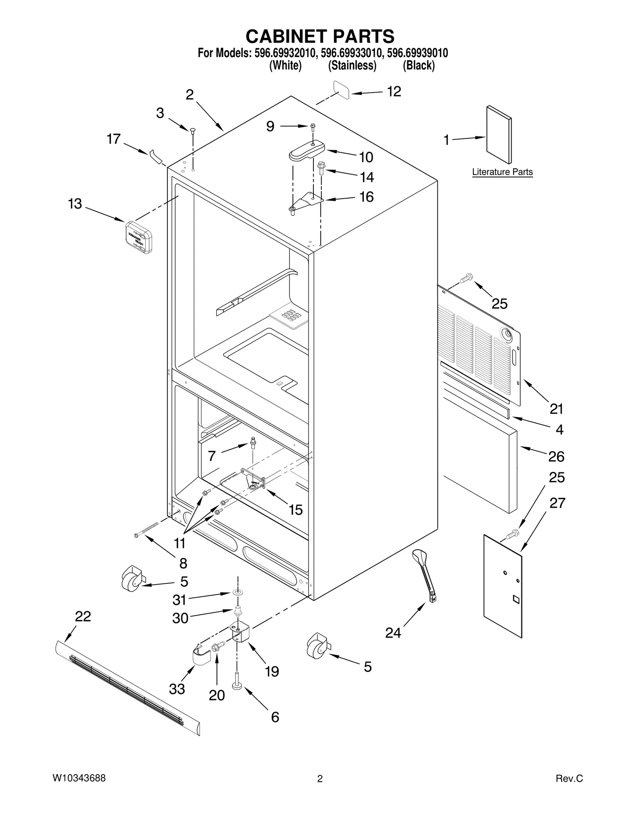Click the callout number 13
click(75, 204)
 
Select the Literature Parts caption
click(502, 172)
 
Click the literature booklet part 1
click(499, 134)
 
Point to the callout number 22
click(83, 616)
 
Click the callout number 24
click(393, 633)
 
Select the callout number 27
click(557, 503)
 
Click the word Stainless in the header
click(352, 65)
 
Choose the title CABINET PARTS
click(320, 36)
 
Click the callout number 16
click(366, 197)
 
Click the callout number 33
click(177, 688)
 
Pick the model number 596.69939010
click(417, 53)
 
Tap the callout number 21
click(556, 409)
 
